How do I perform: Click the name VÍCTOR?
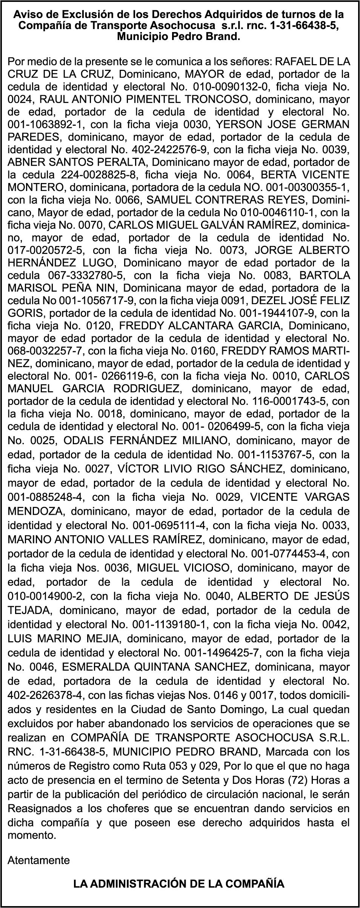(x=135, y=469)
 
